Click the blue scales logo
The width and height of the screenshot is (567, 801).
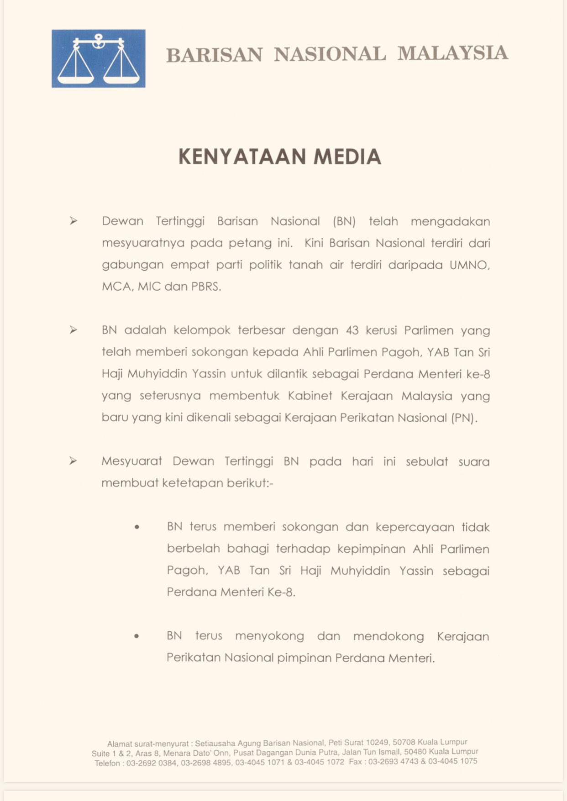98,58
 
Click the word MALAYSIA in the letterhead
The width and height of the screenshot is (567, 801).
452,53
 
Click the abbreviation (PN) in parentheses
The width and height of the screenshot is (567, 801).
464,418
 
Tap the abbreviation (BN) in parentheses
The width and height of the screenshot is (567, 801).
344,222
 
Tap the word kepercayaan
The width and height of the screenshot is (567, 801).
415,527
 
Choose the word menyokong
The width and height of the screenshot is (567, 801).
269,636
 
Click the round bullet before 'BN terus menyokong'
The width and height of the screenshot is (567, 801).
136,636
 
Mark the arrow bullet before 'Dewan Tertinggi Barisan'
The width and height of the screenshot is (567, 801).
73,221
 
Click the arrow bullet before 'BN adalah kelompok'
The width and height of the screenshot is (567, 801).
73,330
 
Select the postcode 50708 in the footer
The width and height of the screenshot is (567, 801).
404,742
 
